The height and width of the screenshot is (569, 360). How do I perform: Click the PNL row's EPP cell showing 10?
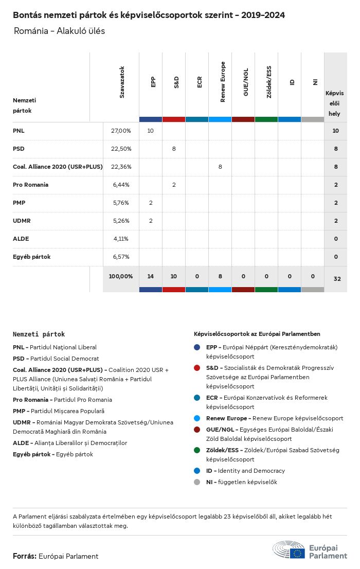click(151, 131)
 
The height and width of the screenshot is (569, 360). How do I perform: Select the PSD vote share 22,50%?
click(121, 149)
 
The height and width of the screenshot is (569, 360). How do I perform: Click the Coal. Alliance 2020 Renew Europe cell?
click(220, 167)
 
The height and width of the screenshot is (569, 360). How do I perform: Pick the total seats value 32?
click(337, 279)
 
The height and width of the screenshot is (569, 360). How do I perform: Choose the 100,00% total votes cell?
click(121, 276)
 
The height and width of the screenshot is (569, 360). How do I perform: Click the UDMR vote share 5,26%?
click(121, 221)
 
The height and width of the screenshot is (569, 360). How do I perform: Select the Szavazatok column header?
click(122, 82)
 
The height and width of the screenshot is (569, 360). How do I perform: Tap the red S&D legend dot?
click(197, 368)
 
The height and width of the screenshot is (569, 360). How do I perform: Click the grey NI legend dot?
click(197, 482)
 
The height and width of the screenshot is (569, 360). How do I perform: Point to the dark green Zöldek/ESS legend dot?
click(197, 450)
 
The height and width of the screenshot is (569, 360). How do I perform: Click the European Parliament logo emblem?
click(289, 550)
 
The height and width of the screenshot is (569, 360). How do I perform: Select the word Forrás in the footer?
click(24, 556)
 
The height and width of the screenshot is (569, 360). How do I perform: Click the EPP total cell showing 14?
click(151, 276)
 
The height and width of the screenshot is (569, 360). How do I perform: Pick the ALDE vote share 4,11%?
click(121, 239)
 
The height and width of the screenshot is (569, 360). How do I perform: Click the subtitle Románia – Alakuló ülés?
click(60, 31)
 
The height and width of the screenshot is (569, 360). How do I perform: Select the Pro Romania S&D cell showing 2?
click(174, 185)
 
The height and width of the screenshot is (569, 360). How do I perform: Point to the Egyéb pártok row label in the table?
click(31, 257)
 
